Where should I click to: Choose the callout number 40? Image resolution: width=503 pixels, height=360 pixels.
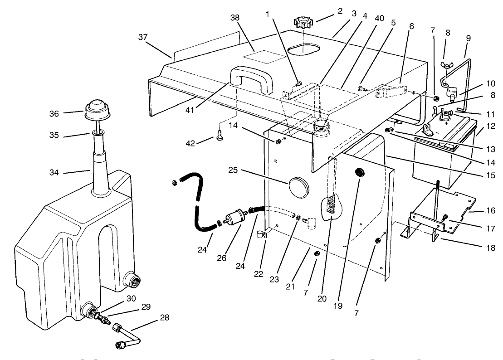coord(380,18)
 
